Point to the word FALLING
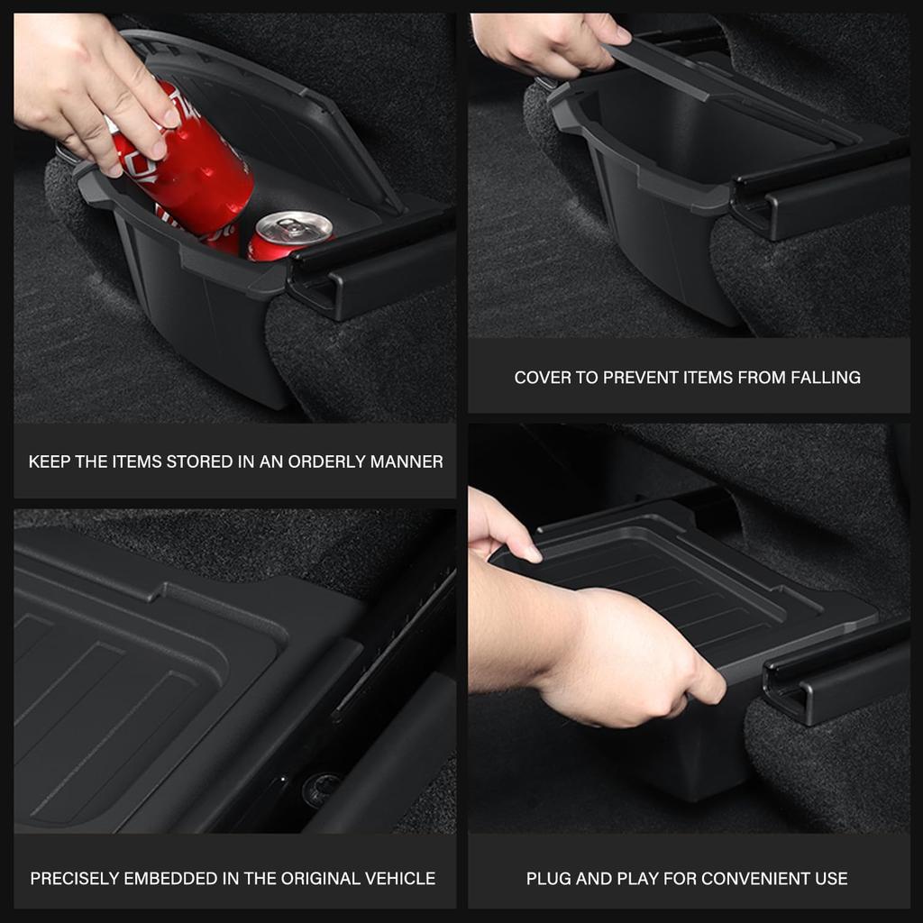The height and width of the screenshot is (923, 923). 825,378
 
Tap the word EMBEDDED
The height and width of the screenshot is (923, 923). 174,878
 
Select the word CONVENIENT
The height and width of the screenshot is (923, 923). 745,878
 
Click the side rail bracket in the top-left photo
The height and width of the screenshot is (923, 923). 370,270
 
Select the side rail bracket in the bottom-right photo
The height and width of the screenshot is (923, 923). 834,672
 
